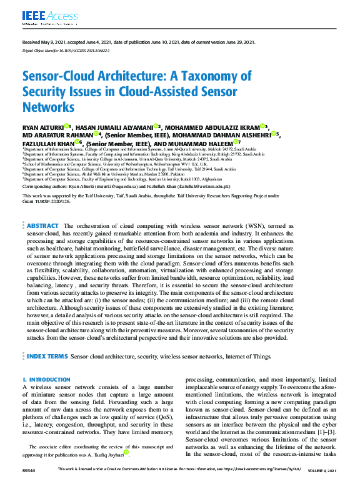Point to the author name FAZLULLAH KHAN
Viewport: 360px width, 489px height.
[49, 142]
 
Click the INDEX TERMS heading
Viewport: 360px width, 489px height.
[46, 355]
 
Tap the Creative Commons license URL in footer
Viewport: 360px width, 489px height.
[259, 485]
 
